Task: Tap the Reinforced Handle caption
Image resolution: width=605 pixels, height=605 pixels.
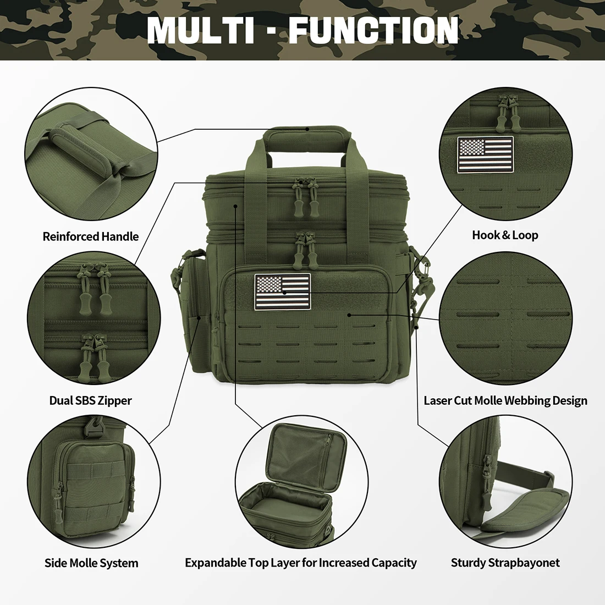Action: (91, 237)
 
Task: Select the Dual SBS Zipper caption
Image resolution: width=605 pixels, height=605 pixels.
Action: (91, 400)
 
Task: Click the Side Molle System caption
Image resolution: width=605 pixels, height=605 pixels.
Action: (91, 563)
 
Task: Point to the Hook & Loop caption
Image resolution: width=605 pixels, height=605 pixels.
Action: (505, 235)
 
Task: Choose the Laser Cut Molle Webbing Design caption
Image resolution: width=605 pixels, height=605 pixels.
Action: (505, 400)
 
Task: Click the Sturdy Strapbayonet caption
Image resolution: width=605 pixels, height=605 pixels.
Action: (505, 563)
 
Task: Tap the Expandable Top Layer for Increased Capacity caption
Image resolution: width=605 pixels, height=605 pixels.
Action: (301, 563)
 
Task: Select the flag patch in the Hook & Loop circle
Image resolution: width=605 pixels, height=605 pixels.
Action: (485, 155)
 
